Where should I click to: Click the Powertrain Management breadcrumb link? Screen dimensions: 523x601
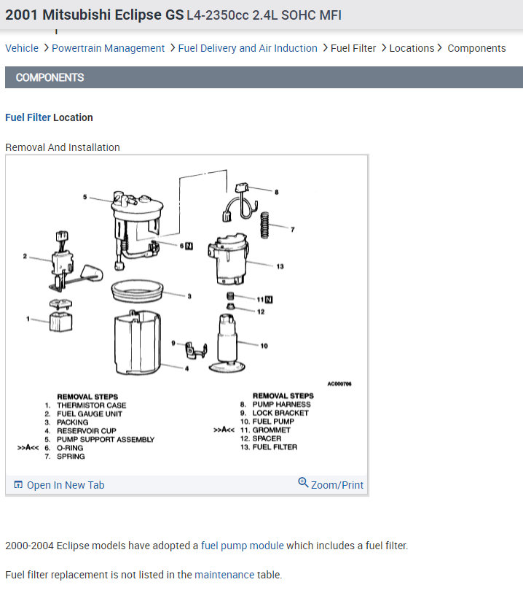click(108, 48)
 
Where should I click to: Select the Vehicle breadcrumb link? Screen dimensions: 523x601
click(22, 48)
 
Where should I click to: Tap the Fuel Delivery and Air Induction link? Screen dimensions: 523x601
click(248, 48)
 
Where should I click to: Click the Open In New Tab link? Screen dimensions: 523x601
click(59, 485)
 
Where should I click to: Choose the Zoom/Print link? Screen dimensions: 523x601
click(331, 484)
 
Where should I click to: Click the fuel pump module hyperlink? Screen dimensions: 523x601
click(243, 546)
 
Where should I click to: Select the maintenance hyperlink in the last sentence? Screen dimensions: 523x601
click(224, 575)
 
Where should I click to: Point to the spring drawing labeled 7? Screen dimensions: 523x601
click(264, 225)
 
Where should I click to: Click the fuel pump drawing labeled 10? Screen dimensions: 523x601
click(227, 343)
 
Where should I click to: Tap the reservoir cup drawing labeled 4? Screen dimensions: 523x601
click(137, 342)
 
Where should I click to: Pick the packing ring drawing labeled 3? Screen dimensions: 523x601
click(137, 290)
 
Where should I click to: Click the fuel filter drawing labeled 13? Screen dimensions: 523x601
click(229, 260)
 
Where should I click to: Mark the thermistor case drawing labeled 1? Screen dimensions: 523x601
click(61, 315)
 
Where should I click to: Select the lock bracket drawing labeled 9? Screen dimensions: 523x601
click(197, 350)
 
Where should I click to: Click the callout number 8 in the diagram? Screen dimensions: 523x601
click(276, 192)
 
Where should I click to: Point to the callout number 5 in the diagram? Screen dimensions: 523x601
click(85, 197)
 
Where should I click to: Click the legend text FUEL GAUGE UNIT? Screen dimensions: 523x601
click(90, 414)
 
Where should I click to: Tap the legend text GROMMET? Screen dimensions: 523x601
click(271, 430)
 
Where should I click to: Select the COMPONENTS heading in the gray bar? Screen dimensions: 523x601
click(50, 77)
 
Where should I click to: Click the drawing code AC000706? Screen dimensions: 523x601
click(339, 384)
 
